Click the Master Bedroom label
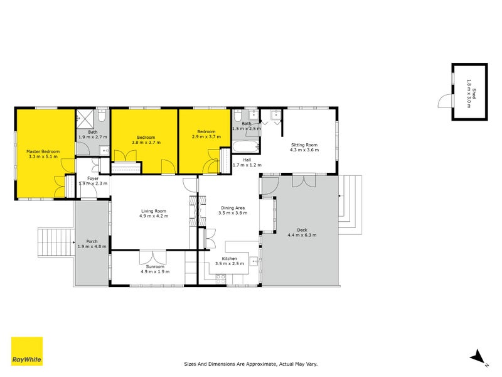click(43, 151)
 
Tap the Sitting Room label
click(304, 145)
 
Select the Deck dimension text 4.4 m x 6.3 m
click(302, 235)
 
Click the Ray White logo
click(27, 351)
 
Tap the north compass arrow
click(478, 357)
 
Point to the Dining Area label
click(232, 207)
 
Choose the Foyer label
click(93, 178)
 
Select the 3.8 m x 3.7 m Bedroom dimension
click(146, 143)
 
